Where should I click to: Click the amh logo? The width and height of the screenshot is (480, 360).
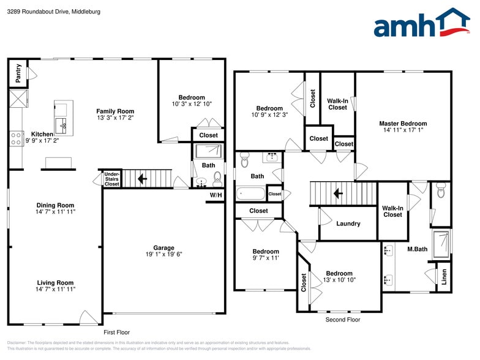(422, 23)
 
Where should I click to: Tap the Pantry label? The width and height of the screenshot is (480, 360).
(18, 73)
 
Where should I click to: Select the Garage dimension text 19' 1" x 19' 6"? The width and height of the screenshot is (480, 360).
(164, 254)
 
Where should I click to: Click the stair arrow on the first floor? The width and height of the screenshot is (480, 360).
(142, 179)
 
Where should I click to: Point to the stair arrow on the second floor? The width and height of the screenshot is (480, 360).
(338, 193)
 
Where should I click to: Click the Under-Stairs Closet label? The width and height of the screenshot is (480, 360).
(111, 179)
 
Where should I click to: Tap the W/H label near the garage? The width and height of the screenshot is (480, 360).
(216, 195)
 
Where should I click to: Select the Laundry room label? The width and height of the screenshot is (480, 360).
(348, 223)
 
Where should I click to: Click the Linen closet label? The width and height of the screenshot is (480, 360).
(444, 277)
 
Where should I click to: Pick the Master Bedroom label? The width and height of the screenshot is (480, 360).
(403, 124)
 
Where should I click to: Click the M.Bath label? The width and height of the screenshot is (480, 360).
(418, 249)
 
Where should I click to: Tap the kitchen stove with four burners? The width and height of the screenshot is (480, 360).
(16, 138)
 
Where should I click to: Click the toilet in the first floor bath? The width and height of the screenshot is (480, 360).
(217, 179)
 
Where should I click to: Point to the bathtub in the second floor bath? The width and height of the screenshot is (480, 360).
(250, 193)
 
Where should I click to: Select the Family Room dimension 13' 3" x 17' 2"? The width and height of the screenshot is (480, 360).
(115, 118)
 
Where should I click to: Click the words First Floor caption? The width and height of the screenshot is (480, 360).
(116, 332)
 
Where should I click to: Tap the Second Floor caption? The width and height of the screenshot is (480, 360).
(343, 320)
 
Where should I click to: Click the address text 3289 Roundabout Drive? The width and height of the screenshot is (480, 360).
(39, 12)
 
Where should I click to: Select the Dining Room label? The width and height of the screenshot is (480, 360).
(55, 205)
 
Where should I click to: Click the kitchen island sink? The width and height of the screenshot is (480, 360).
(63, 126)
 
